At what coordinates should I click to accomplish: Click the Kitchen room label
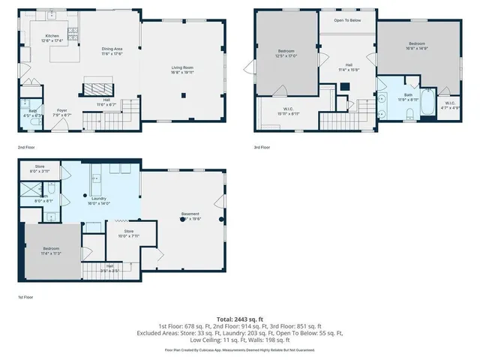coord(52,36)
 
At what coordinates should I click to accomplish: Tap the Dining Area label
coord(112,49)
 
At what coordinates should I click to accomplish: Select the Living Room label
coord(181,67)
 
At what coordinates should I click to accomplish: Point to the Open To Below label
coord(348,19)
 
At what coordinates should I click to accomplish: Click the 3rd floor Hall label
coord(349,64)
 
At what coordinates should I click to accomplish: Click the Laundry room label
coord(98,199)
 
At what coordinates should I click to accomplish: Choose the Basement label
coord(189,214)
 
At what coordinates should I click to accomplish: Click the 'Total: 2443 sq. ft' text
coord(239,319)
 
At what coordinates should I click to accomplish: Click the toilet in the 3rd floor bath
coord(410,114)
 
